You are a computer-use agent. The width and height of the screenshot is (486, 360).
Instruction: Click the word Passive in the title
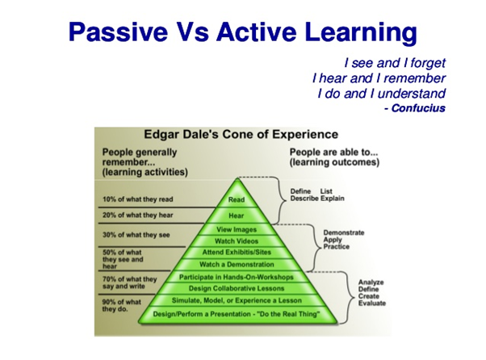(x=118, y=32)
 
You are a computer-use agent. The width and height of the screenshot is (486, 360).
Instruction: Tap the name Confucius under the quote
(x=418, y=108)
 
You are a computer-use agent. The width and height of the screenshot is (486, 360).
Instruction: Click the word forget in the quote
(x=428, y=63)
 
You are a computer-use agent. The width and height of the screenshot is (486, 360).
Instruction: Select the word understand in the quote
(x=412, y=94)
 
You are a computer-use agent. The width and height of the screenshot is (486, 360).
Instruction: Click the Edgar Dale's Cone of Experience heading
(x=241, y=135)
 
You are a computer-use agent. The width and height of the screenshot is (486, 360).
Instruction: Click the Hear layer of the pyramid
(x=237, y=216)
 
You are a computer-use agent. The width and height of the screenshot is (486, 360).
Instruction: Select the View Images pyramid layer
(x=237, y=229)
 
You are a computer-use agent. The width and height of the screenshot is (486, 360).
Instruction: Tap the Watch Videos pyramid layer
(x=237, y=241)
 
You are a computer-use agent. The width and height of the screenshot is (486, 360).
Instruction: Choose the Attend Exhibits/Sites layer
(x=237, y=252)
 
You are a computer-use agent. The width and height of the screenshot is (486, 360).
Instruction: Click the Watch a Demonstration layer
(x=237, y=264)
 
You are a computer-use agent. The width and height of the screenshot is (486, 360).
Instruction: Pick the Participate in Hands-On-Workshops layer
(x=237, y=277)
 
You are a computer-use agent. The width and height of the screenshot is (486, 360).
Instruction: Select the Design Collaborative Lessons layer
(x=237, y=288)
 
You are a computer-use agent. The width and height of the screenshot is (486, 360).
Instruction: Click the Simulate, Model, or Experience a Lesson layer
(x=237, y=300)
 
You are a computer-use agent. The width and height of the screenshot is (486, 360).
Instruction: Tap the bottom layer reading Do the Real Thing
(x=237, y=314)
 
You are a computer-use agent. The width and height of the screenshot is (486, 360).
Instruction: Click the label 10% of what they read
(x=137, y=199)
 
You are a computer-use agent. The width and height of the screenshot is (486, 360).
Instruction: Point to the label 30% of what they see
(x=136, y=235)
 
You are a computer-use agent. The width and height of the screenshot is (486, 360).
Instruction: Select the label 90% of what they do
(x=121, y=305)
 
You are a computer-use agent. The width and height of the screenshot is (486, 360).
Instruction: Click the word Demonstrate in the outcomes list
(x=344, y=232)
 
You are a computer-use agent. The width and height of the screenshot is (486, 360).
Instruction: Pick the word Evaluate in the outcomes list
(x=372, y=303)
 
